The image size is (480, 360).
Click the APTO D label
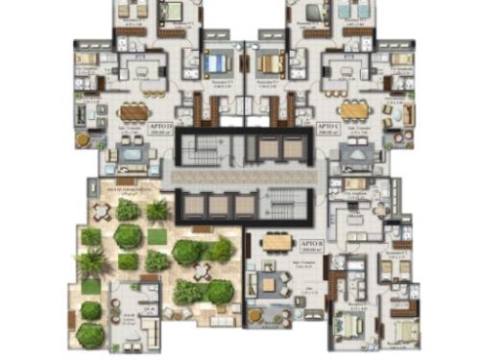click(159, 126)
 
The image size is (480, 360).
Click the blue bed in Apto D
click(220, 64)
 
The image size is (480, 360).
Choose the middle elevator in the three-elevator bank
click(220, 205)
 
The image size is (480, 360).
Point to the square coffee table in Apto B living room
click(270, 284)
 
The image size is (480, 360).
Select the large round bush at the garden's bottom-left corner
click(89, 334)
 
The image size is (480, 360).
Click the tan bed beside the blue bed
click(267, 64)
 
